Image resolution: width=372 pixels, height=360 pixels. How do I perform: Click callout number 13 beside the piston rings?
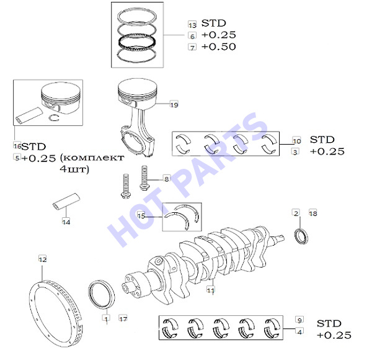192,24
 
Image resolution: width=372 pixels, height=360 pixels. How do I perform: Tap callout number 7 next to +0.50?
192,47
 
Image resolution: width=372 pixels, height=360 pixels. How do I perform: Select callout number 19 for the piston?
174,104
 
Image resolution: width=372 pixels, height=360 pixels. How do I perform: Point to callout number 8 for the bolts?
167,179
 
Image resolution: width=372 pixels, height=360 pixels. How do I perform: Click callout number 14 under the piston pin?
66,222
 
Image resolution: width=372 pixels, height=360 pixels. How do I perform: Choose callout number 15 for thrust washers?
141,215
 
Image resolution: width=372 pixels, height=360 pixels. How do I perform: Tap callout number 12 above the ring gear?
43,259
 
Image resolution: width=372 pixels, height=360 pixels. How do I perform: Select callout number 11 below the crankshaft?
211,290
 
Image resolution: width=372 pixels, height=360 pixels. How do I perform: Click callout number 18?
313,213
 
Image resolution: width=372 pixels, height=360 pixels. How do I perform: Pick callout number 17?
123,318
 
